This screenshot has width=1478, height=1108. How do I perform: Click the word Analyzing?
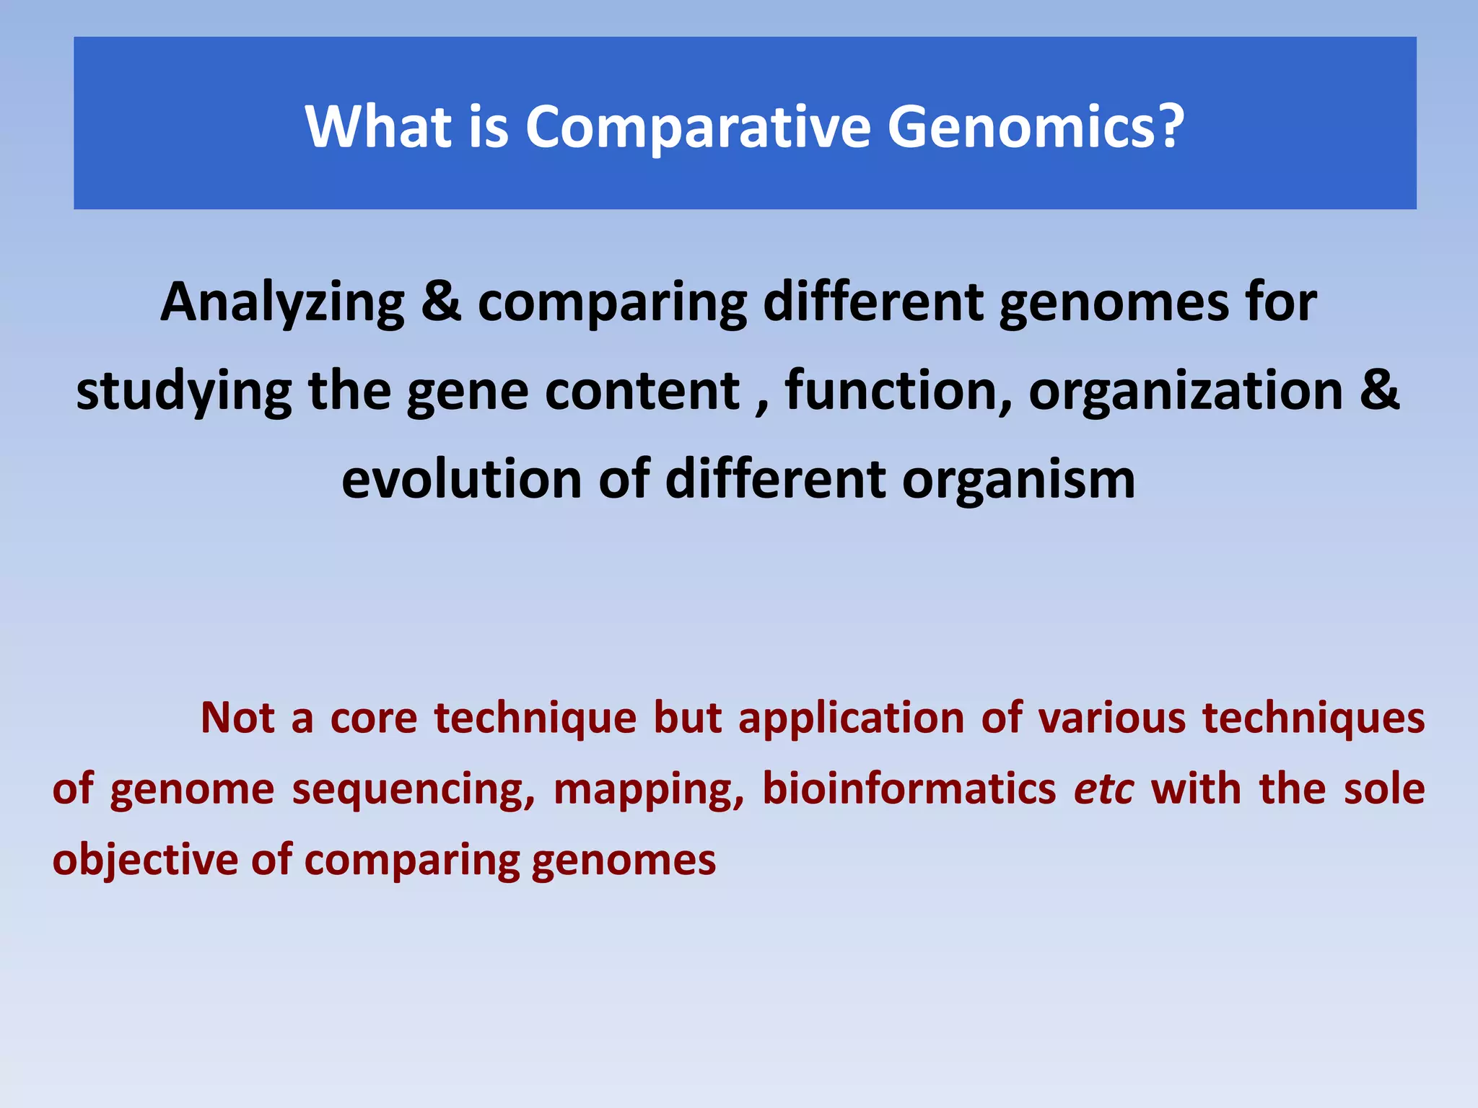point(282,303)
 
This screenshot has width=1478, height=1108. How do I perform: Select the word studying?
point(183,392)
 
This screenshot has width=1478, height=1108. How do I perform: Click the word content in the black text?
point(642,391)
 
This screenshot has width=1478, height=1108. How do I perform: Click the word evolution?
point(461,480)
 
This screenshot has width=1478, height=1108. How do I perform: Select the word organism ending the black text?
point(1018,481)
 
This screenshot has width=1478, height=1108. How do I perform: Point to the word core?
point(373,718)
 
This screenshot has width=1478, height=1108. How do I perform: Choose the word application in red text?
point(852,719)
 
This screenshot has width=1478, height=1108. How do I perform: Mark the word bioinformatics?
point(909,788)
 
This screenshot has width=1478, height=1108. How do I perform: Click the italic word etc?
point(1103,789)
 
